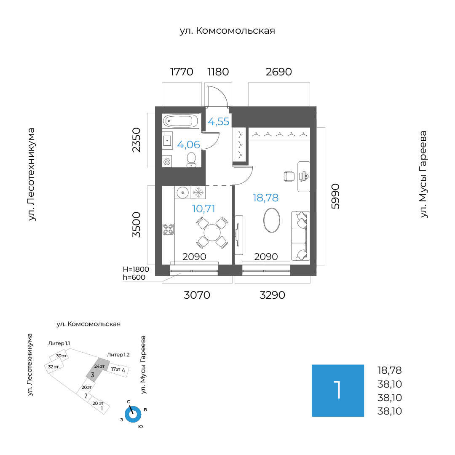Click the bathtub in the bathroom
coord(180,121)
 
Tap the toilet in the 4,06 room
coord(192,159)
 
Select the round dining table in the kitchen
coord(211,232)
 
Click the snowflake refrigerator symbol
coord(198,193)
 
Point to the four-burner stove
coord(168,228)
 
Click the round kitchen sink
coord(182,193)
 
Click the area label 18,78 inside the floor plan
coord(265,197)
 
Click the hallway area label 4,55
coord(219,122)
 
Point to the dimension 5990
coord(335,196)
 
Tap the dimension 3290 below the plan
coord(272,295)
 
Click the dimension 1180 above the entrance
coord(218,72)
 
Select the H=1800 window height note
coord(134,269)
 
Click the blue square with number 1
coord(337,391)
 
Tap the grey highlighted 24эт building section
coord(94,370)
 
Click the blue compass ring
coord(133,414)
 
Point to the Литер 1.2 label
coord(118,354)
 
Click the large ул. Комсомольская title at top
coord(227,30)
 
